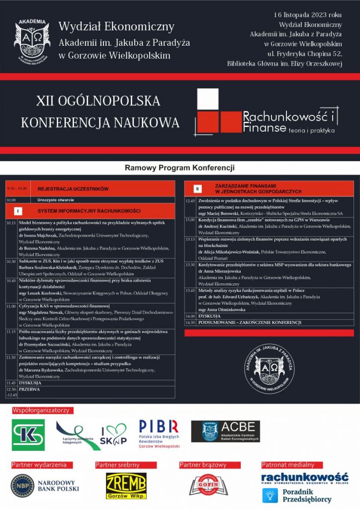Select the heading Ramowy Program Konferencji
[180, 168]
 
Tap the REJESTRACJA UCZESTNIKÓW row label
[73, 189]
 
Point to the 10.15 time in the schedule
[11, 223]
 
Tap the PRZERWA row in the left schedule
[29, 389]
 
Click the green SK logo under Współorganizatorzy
[28, 434]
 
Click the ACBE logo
[225, 431]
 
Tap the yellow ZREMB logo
[126, 486]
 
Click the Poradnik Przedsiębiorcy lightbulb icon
[270, 495]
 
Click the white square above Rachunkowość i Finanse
[208, 99]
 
